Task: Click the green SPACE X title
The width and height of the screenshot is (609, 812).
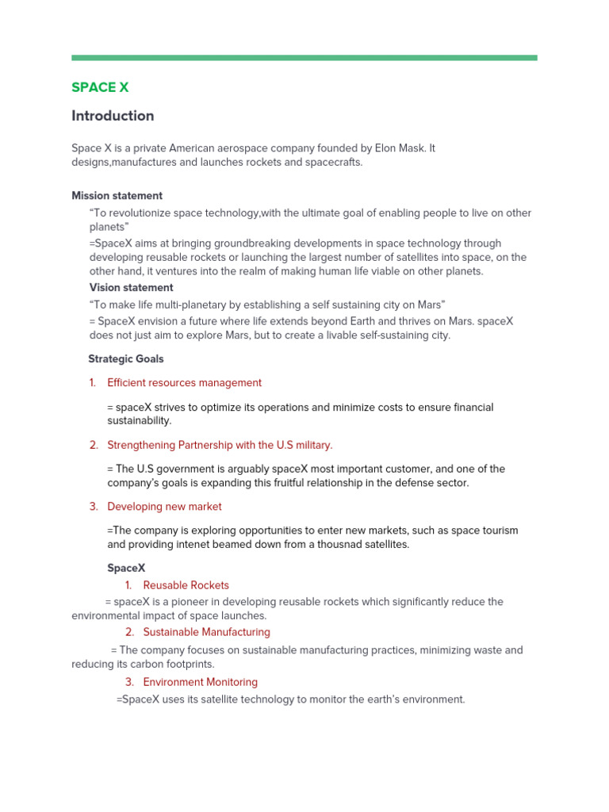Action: [x=100, y=87]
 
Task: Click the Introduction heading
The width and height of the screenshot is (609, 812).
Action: [x=113, y=116]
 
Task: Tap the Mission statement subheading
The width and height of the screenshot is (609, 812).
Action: [x=117, y=196]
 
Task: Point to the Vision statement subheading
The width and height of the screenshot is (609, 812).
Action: [x=131, y=288]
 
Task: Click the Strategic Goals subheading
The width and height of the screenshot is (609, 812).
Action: [x=126, y=359]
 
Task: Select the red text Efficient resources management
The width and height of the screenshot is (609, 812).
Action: [x=184, y=383]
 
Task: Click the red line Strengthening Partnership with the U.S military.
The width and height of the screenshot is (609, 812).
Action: [x=220, y=445]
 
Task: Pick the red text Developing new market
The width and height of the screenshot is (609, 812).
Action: [x=164, y=507]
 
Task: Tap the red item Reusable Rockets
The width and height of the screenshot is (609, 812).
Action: [x=186, y=585]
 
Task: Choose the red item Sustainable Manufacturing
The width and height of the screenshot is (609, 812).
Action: [x=206, y=632]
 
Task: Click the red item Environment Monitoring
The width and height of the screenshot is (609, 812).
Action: [x=200, y=682]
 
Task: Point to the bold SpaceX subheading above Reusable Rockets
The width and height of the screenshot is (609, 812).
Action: [x=126, y=569]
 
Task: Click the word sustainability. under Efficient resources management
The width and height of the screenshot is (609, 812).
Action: [x=139, y=421]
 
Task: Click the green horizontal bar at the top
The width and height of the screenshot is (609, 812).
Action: [x=304, y=58]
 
